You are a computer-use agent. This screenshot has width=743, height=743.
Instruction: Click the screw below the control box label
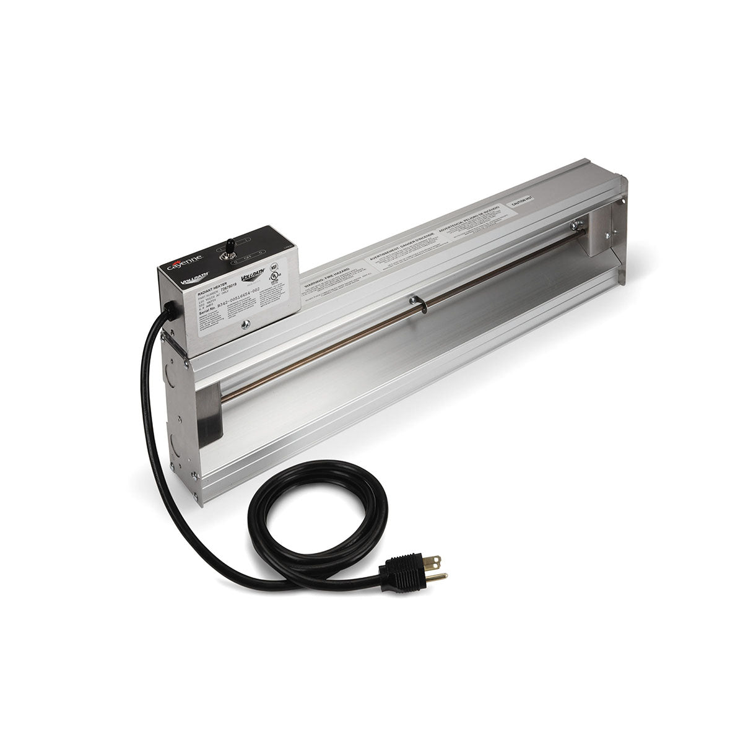[246, 323]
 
